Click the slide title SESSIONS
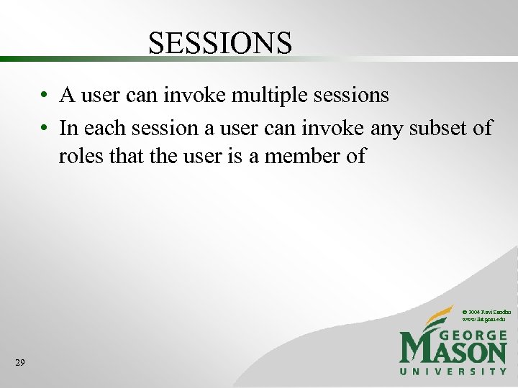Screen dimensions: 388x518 pos(220,43)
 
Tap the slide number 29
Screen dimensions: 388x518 pos(19,364)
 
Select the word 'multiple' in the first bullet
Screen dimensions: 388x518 pos(263,95)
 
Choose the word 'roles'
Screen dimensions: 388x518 pos(78,156)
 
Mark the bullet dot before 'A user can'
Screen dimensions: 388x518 pos(45,96)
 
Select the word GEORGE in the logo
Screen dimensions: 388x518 pos(471,336)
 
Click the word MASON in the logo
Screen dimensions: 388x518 pos(453,351)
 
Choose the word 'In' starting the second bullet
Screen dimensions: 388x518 pos(69,129)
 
